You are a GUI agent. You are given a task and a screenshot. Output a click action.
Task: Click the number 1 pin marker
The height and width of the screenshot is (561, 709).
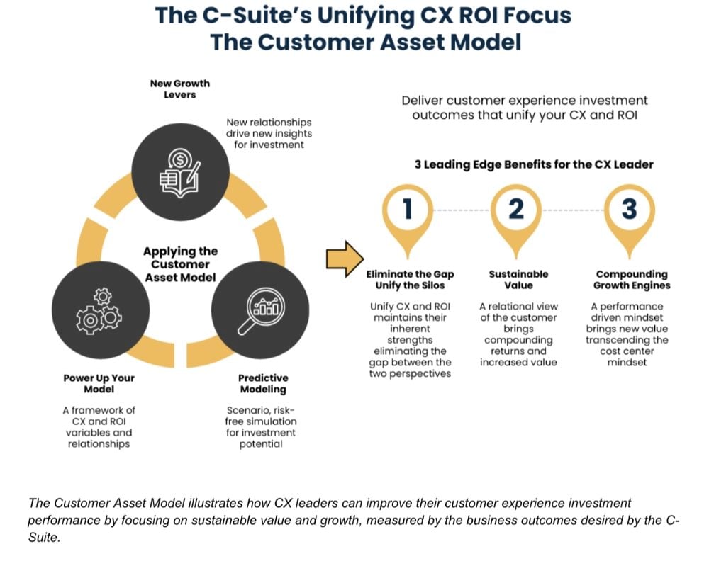pyautogui.click(x=407, y=210)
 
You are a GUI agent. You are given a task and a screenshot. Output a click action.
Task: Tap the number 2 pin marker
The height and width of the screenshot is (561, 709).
pyautogui.click(x=517, y=210)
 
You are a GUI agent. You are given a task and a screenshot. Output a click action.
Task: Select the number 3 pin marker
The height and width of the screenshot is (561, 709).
pyautogui.click(x=628, y=210)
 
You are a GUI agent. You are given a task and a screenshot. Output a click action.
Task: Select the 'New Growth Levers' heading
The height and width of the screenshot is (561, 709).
pyautogui.click(x=179, y=89)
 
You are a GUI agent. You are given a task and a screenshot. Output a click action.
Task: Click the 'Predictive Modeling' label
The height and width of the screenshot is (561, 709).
pyautogui.click(x=263, y=383)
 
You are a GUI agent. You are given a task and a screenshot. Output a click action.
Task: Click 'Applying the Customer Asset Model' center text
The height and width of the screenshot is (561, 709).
pyautogui.click(x=180, y=264)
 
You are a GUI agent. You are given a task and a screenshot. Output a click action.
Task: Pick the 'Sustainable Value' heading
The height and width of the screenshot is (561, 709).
pyautogui.click(x=518, y=279)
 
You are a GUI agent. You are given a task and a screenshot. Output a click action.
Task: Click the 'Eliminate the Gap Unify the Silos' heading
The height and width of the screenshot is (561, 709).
pyautogui.click(x=410, y=279)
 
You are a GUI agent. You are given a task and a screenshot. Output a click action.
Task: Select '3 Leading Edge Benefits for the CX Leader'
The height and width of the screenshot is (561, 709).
pyautogui.click(x=534, y=164)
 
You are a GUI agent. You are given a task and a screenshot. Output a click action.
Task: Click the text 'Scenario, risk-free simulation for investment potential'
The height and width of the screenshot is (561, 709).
pyautogui.click(x=261, y=426)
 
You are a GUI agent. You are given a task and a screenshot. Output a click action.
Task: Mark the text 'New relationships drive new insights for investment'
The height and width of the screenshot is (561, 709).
pyautogui.click(x=269, y=133)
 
